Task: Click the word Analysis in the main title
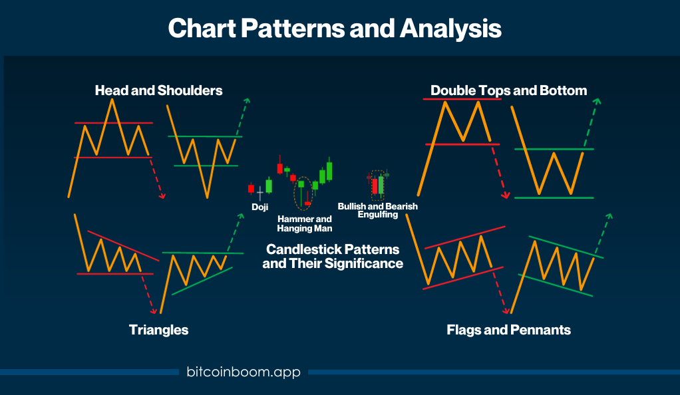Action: [x=450, y=29]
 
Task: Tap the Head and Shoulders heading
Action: [x=159, y=90]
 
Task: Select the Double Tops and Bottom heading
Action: [x=509, y=90]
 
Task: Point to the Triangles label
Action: [x=159, y=330]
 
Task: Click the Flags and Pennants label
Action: [x=509, y=330]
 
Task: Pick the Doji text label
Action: [x=259, y=207]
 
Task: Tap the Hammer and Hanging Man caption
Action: [x=305, y=223]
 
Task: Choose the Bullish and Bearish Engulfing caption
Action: [x=378, y=210]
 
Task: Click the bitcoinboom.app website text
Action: [x=244, y=372]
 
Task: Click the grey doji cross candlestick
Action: [x=259, y=194]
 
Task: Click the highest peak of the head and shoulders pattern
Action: [x=112, y=100]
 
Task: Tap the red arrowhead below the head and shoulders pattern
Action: [x=162, y=196]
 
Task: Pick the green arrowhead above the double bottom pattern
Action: [x=597, y=102]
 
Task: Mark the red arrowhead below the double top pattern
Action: [x=506, y=196]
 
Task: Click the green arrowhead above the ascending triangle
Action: [x=241, y=216]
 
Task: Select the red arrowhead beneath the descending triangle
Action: [x=153, y=311]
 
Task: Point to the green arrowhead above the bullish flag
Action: [x=609, y=216]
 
